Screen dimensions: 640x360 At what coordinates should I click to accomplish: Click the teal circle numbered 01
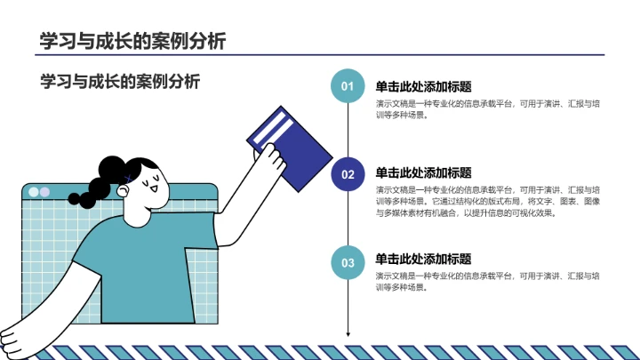(348, 85)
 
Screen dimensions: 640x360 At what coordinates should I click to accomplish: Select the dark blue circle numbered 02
(348, 174)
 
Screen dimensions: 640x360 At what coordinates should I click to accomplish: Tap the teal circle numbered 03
(348, 262)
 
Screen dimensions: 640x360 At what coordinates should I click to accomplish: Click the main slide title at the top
(132, 41)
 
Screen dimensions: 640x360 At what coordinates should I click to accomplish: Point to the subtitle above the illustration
(120, 81)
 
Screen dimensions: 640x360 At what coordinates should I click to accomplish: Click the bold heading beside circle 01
(423, 86)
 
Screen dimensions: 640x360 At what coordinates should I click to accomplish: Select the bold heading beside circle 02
(423, 172)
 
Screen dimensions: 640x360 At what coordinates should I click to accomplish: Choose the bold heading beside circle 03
(423, 259)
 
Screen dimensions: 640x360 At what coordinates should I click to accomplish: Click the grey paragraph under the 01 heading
(488, 109)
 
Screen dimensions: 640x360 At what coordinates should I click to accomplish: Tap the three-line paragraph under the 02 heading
(488, 201)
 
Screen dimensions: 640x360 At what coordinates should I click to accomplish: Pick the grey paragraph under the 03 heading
(488, 282)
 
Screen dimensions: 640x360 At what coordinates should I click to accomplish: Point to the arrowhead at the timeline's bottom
(348, 334)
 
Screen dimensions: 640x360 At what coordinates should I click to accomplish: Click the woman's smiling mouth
(154, 188)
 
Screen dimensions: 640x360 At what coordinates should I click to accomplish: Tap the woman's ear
(123, 190)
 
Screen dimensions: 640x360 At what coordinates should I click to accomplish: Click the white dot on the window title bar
(34, 192)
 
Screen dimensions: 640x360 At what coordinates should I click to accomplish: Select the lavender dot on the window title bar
(44, 192)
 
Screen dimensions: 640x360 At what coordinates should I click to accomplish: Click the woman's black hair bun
(111, 169)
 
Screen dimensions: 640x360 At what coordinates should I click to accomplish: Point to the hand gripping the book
(269, 157)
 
